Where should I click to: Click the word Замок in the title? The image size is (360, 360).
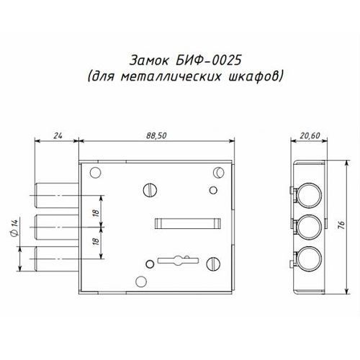click(x=149, y=60)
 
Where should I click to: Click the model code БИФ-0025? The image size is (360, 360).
click(x=208, y=60)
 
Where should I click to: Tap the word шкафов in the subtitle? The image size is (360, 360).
click(x=253, y=76)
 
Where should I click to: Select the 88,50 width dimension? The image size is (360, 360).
click(x=156, y=135)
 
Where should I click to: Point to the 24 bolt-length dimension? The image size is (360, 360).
click(x=58, y=136)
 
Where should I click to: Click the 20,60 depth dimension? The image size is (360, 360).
click(x=310, y=135)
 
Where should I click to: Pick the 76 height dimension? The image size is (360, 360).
click(x=341, y=224)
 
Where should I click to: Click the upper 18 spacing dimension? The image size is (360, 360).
click(x=96, y=212)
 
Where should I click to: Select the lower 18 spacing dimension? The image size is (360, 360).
click(x=96, y=241)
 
